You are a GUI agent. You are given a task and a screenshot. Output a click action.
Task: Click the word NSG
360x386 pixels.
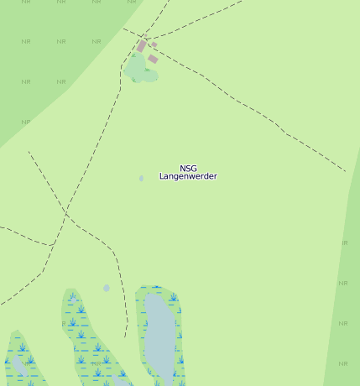pos(188,169)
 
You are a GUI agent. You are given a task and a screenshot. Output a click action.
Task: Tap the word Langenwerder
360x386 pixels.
pos(188,177)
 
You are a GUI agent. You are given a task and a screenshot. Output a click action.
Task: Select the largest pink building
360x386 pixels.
pos(142,45)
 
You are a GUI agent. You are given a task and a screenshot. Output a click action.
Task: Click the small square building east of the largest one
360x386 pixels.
pos(154,44)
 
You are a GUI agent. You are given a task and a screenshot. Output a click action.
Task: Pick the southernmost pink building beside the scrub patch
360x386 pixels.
pos(153,59)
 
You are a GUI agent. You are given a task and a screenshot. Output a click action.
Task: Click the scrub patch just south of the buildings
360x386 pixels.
pos(141,70)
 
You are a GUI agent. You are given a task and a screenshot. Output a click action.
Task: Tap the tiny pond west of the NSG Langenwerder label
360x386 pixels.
pos(141,178)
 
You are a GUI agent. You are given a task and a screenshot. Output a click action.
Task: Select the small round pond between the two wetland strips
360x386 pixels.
pos(107,288)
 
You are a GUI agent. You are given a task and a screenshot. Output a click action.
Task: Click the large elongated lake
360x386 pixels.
pos(159,336)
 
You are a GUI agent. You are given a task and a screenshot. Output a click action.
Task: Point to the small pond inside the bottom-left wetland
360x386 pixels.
pos(18,366)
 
